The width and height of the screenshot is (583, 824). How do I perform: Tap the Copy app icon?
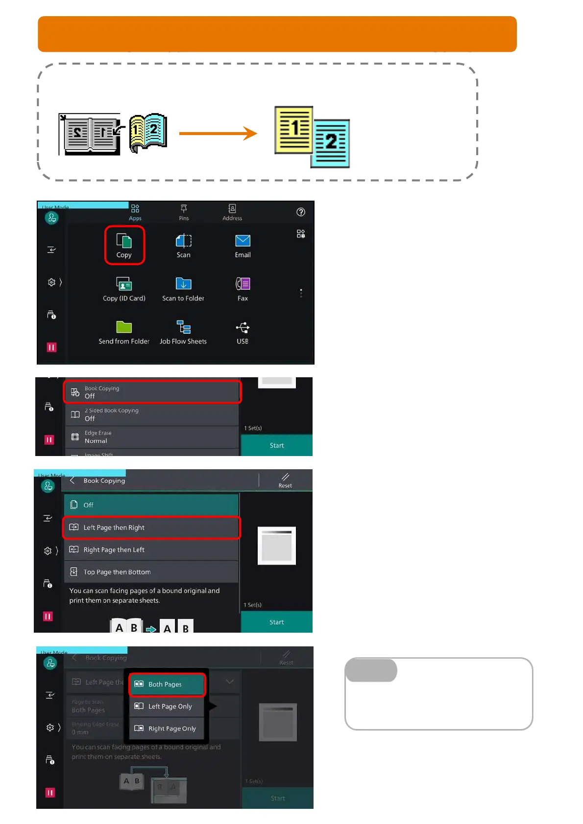click(x=124, y=242)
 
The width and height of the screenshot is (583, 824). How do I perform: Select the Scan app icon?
click(x=183, y=241)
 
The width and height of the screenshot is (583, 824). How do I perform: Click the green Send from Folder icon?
click(x=124, y=327)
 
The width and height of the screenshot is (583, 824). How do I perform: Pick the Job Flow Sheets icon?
click(x=183, y=327)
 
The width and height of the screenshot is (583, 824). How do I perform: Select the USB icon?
click(x=243, y=327)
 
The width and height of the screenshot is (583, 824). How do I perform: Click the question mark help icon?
click(x=301, y=212)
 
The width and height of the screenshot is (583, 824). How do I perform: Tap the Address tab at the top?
click(x=232, y=212)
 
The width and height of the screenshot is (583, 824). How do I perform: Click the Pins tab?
click(x=184, y=212)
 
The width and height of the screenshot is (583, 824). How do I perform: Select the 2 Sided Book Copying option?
click(x=152, y=414)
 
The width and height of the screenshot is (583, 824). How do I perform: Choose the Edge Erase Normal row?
click(x=152, y=437)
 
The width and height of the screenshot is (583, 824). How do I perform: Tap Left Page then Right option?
click(x=151, y=527)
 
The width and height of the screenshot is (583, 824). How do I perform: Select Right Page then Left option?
click(x=151, y=549)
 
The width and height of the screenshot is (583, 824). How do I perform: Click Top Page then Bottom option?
click(x=151, y=572)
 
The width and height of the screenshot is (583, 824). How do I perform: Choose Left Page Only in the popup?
click(x=167, y=706)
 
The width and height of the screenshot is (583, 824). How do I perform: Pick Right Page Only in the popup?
click(x=167, y=729)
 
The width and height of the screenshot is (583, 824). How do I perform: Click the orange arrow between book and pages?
click(x=218, y=133)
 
